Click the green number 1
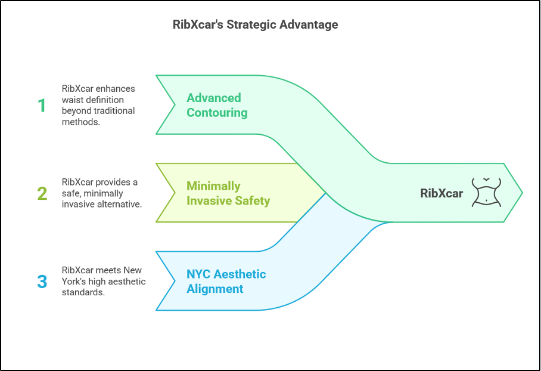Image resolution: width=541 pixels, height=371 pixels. (x=42, y=106)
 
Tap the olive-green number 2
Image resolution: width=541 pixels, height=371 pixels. (x=42, y=193)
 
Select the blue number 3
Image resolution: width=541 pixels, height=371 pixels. (x=42, y=282)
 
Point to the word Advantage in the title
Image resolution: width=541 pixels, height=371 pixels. (x=309, y=24)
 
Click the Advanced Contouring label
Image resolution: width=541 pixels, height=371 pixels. (x=217, y=106)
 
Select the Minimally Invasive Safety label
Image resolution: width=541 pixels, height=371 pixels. (x=228, y=193)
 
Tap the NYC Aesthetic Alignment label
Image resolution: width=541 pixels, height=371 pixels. (x=226, y=282)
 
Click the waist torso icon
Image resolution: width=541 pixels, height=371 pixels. (x=486, y=193)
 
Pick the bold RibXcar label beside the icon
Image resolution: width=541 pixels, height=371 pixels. (x=441, y=193)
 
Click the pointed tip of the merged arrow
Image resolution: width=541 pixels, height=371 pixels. (x=523, y=193)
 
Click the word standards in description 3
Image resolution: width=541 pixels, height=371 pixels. (x=83, y=293)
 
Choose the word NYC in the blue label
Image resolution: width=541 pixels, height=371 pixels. (x=198, y=274)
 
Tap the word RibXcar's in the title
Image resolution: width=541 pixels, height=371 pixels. (x=198, y=25)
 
